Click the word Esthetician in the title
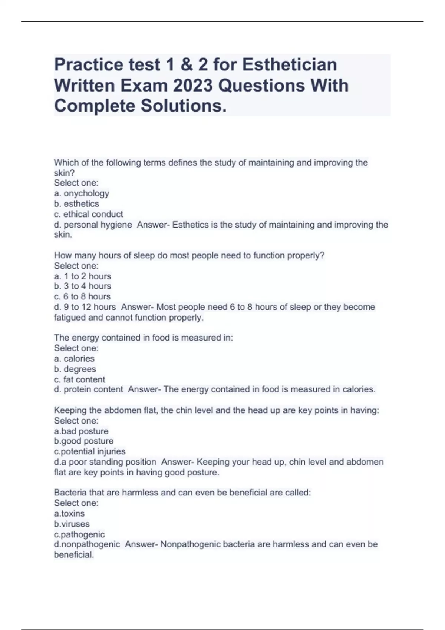click(290, 64)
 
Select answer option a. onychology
click(82, 193)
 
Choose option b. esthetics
click(76, 204)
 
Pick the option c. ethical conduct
click(89, 214)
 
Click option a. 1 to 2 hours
click(83, 276)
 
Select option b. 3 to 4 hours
click(83, 286)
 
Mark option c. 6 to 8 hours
click(82, 296)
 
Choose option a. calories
click(74, 359)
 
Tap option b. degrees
click(75, 369)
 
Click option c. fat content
click(80, 379)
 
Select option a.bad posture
click(81, 431)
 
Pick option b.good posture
click(84, 441)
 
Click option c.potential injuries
click(90, 451)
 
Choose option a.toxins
click(69, 514)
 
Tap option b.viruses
click(72, 524)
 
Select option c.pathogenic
click(79, 534)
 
